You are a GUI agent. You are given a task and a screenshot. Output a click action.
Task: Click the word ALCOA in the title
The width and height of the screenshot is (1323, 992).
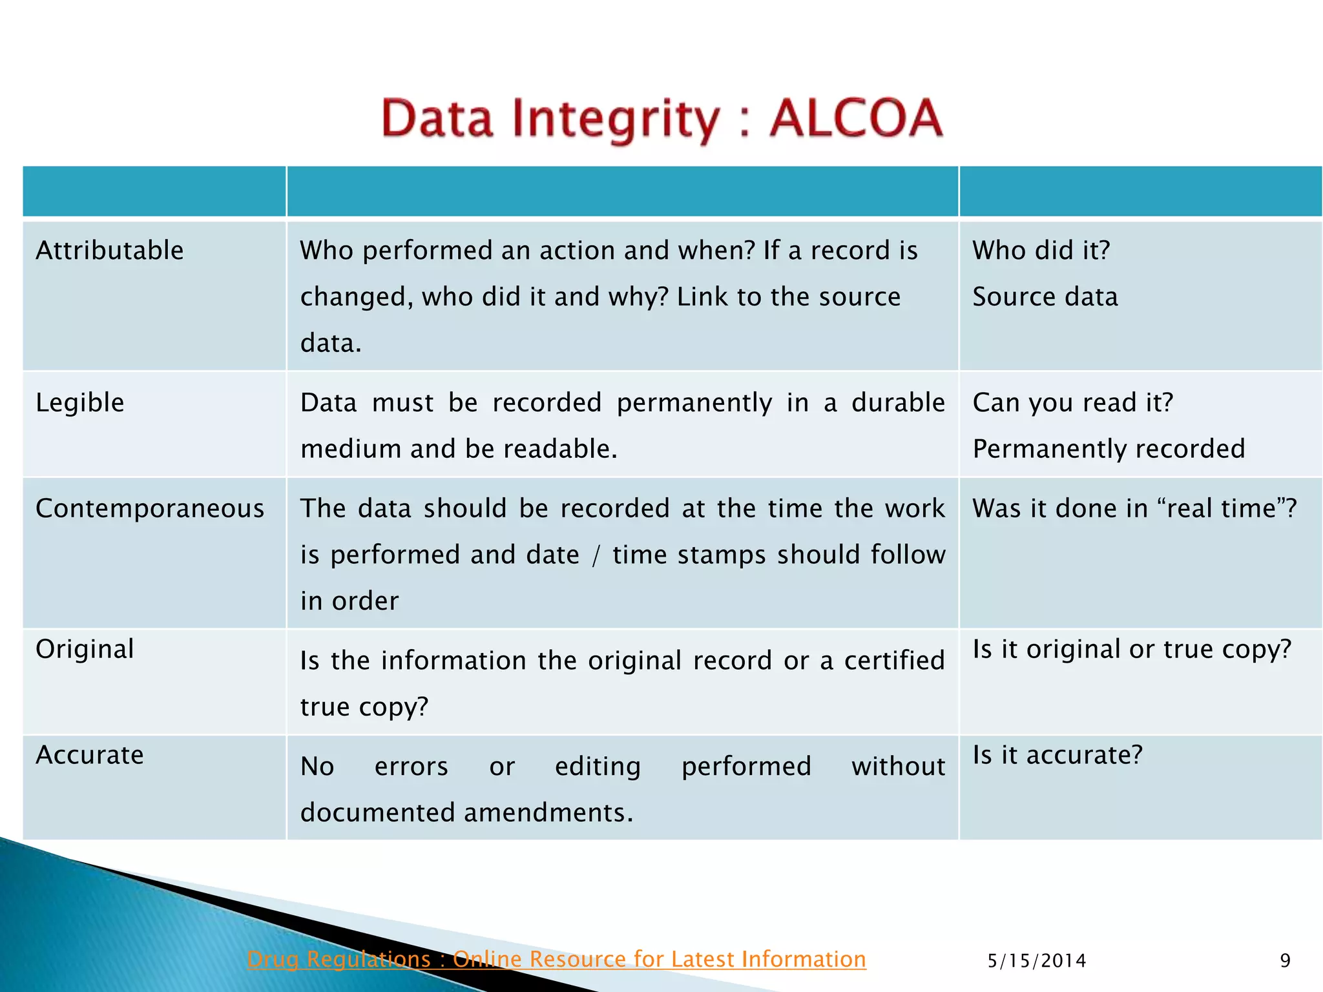855,119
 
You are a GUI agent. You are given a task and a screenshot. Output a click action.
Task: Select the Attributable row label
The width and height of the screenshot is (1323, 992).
110,251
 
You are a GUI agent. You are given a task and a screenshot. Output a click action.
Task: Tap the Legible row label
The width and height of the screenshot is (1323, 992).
80,403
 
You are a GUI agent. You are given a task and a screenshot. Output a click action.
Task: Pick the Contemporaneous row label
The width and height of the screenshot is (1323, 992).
150,509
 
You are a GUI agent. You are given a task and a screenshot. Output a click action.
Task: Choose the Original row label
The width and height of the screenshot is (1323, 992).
85,649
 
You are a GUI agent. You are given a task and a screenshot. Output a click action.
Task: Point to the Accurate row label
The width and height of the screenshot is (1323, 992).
90,755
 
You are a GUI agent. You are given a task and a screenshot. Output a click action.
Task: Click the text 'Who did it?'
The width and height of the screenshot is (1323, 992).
1041,251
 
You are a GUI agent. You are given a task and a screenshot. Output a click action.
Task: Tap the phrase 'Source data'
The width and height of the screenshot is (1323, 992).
1045,297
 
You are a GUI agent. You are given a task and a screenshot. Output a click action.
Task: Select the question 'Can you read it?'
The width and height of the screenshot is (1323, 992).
1073,403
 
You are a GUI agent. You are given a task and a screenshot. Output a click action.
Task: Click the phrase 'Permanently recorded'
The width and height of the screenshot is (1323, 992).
1109,449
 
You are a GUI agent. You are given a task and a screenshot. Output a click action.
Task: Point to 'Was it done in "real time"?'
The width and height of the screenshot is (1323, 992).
1134,509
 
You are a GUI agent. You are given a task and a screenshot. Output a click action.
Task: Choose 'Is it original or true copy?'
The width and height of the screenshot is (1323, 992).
1132,649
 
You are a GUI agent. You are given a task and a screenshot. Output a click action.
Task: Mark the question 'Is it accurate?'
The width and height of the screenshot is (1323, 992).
1057,755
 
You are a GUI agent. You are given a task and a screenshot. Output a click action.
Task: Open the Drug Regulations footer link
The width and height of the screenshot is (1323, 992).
556,959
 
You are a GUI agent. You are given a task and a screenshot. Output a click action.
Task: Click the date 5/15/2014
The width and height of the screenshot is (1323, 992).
1037,961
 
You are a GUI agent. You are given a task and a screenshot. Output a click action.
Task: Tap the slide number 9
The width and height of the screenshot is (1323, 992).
1285,961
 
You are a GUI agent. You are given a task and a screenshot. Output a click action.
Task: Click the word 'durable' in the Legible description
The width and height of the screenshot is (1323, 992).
898,403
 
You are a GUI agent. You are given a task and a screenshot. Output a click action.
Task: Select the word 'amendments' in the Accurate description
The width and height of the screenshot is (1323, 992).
545,812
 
